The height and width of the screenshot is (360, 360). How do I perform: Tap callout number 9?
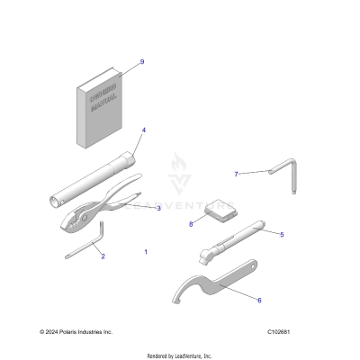click(x=141, y=61)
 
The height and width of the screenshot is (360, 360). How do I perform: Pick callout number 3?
click(x=158, y=208)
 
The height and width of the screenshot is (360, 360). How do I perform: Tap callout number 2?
click(x=103, y=256)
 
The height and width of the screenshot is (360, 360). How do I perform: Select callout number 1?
click(x=146, y=252)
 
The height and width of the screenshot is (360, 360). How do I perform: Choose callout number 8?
click(x=191, y=224)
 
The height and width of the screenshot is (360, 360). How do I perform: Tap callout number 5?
click(x=282, y=234)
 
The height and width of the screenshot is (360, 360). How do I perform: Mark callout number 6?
click(x=259, y=300)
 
